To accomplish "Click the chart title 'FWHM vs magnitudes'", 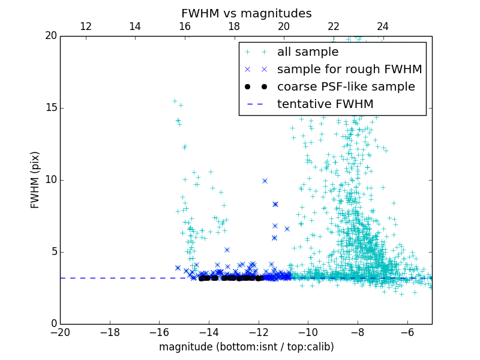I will pyautogui.click(x=246, y=13).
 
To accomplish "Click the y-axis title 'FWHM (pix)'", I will pyautogui.click(x=35, y=179).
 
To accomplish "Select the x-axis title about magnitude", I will pyautogui.click(x=246, y=347).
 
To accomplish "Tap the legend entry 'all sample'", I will pyautogui.click(x=308, y=52).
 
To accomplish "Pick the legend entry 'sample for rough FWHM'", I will pyautogui.click(x=349, y=70).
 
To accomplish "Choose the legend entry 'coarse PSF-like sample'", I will pyautogui.click(x=346, y=87).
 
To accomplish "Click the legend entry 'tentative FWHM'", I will pyautogui.click(x=325, y=104).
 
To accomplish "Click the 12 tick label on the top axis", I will pyautogui.click(x=85, y=26).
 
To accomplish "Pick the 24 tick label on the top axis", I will pyautogui.click(x=383, y=26).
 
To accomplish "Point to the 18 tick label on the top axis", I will pyautogui.click(x=234, y=26).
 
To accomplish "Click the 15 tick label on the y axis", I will pyautogui.click(x=50, y=108).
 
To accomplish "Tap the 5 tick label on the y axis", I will pyautogui.click(x=53, y=251).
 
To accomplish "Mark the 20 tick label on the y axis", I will pyautogui.click(x=50, y=36).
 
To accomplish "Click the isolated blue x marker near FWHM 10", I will pyautogui.click(x=265, y=181).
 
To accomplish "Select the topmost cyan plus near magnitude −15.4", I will pyautogui.click(x=175, y=101).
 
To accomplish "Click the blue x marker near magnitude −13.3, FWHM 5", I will pyautogui.click(x=227, y=250).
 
